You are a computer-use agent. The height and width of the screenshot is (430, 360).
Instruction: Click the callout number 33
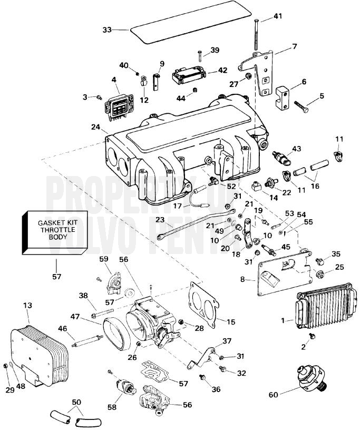coord(108,30)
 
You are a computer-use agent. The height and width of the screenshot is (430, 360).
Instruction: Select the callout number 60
coord(273,395)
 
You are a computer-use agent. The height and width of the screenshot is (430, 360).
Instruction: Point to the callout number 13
coord(28,305)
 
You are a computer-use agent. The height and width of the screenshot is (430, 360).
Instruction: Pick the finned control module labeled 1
coord(326,309)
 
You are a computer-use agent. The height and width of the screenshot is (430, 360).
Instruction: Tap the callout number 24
coord(96,127)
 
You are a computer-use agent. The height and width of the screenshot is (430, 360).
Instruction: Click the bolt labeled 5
coord(301,106)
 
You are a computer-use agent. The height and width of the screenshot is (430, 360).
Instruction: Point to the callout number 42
coord(222,70)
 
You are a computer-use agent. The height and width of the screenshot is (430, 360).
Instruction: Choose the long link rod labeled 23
coord(196,224)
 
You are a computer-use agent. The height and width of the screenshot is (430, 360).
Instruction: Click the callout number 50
coord(76,402)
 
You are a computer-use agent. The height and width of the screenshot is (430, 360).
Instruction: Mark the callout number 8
coord(242,279)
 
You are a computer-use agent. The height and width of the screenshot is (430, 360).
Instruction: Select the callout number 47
coord(75,317)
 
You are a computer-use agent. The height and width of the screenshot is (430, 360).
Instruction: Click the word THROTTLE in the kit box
coord(58,230)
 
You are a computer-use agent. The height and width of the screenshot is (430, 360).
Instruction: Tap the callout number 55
coord(308,221)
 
